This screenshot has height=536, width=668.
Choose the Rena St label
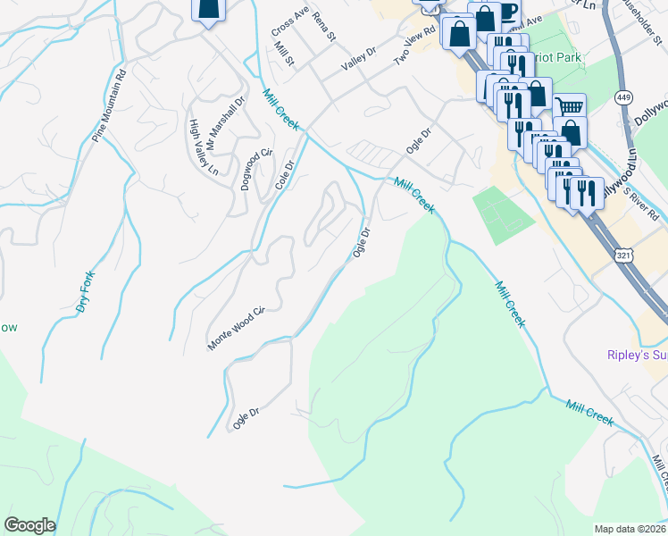tap(323, 27)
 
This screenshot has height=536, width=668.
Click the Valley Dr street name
tap(360, 59)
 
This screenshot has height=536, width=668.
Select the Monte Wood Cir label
tap(237, 329)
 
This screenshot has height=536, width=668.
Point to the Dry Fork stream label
tap(85, 291)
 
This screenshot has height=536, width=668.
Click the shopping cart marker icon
tap(569, 106)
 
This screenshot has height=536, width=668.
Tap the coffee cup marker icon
tap(507, 13)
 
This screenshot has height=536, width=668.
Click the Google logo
tap(29, 525)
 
